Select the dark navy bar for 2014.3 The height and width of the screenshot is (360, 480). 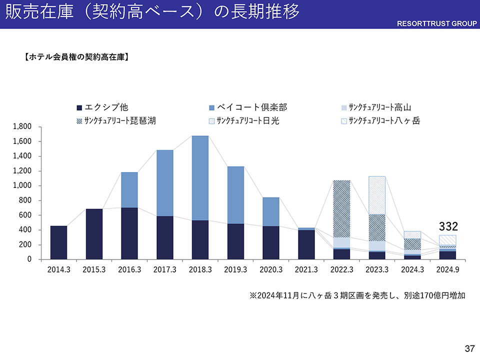(x=58, y=242)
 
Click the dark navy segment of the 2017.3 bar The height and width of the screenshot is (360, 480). (x=165, y=237)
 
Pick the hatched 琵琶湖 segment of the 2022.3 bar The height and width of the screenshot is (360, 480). (x=341, y=208)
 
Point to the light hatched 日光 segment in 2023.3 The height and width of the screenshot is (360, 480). (x=377, y=195)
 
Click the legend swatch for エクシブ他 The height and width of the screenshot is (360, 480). (x=79, y=107)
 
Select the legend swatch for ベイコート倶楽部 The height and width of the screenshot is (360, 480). (x=211, y=107)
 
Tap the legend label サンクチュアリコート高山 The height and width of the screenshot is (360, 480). (x=379, y=107)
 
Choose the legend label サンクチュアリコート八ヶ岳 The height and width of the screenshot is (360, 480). (x=384, y=120)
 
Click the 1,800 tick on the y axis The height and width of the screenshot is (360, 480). (x=22, y=126)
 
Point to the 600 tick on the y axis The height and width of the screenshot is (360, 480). (x=25, y=215)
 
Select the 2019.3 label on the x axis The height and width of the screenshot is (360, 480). (x=235, y=269)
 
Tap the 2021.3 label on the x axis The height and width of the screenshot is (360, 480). (x=306, y=269)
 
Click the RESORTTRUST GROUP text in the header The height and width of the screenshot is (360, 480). (x=437, y=23)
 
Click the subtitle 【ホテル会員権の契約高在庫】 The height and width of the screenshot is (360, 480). (x=77, y=57)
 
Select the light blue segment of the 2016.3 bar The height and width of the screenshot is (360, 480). (x=129, y=190)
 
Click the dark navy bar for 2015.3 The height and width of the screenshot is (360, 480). (x=94, y=234)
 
